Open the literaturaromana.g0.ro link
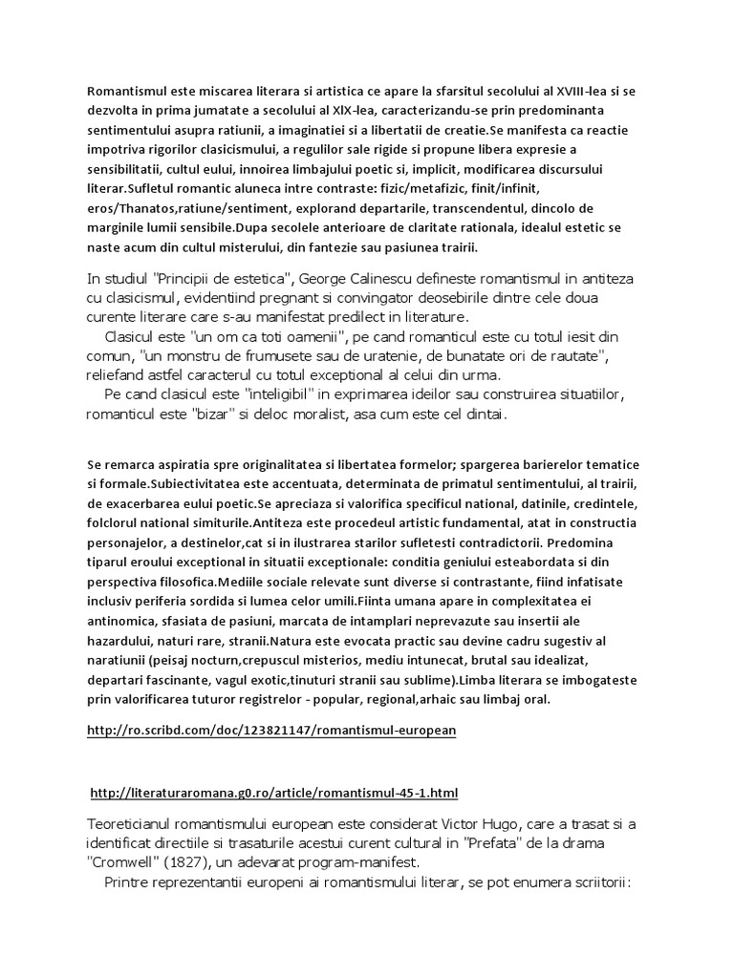click(x=274, y=793)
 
